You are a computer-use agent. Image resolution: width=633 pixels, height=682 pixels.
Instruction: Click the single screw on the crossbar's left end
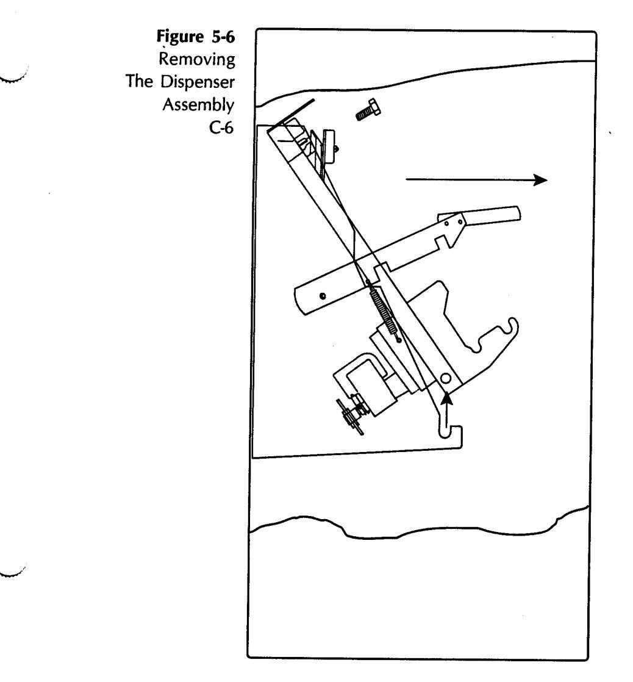pos(323,295)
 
